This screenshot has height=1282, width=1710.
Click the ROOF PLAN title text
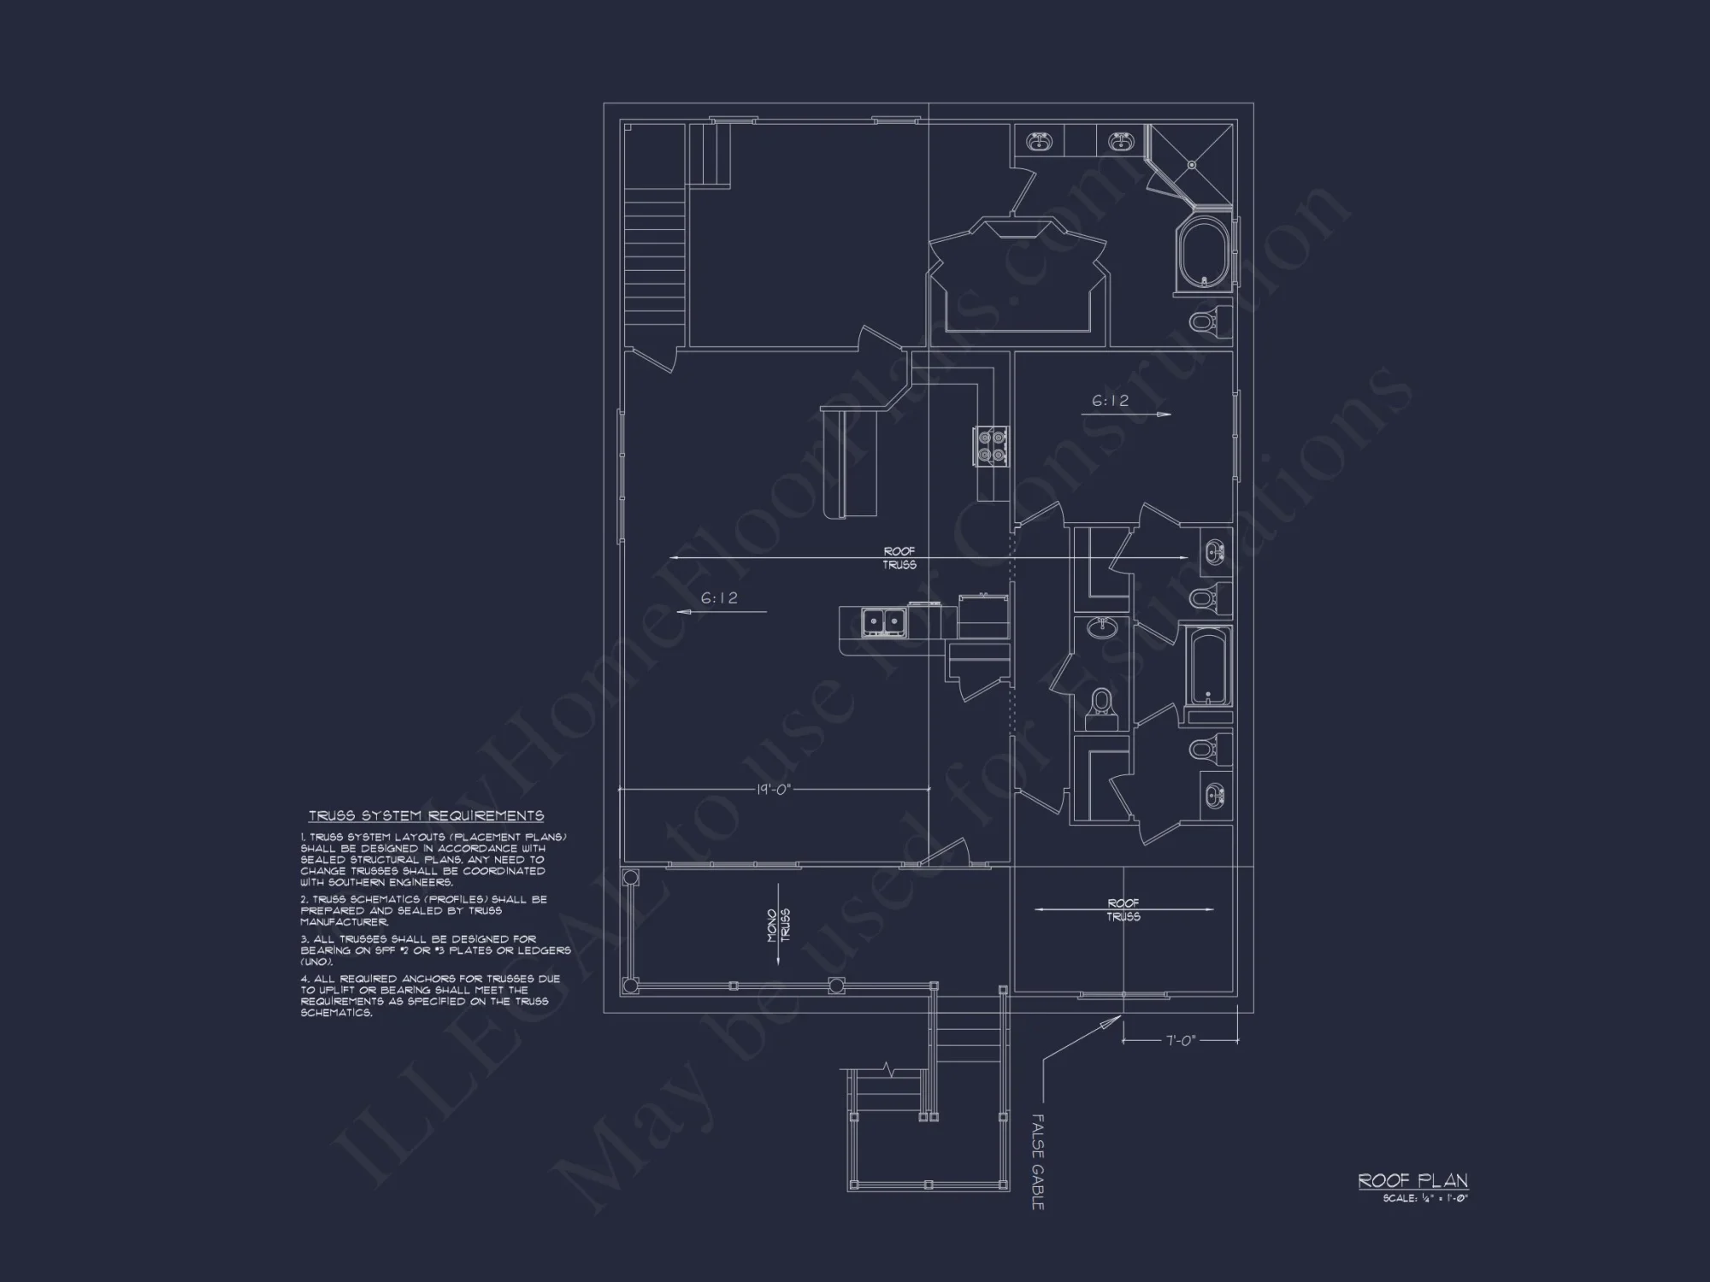[x=1412, y=1180]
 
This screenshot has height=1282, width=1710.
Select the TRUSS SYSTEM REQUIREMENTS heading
[x=426, y=816]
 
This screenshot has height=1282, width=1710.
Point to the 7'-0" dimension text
[x=1181, y=1040]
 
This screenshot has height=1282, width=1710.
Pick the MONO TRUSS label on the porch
[x=778, y=925]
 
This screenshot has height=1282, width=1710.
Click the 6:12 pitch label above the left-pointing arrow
[x=719, y=598]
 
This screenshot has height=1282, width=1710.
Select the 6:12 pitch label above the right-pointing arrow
[x=1110, y=400]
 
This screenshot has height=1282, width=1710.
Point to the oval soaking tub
[x=1204, y=256]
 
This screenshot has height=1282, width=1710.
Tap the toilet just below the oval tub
[x=1205, y=322]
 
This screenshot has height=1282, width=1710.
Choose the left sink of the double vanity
[x=1040, y=141]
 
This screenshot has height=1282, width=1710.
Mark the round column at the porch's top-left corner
[x=631, y=878]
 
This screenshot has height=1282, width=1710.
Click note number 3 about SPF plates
[x=435, y=950]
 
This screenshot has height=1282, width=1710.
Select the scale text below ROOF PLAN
[x=1424, y=1198]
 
